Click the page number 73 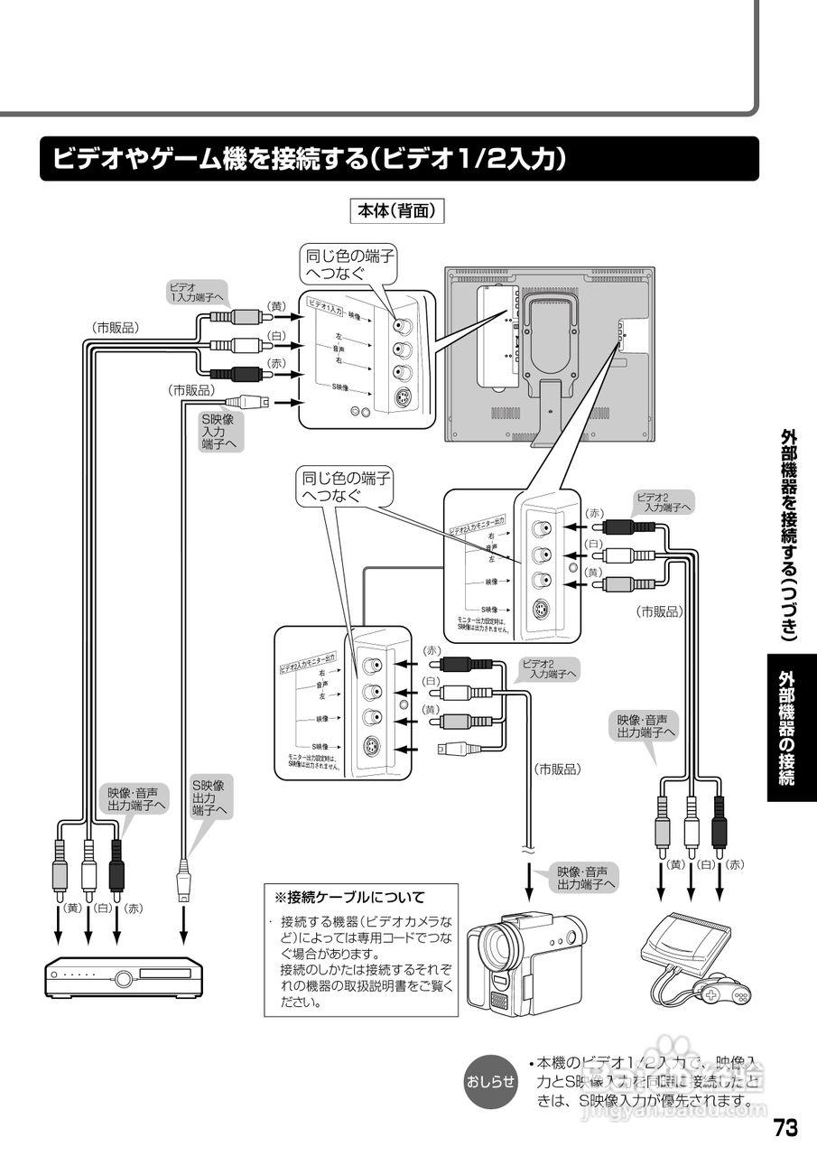click(x=785, y=1128)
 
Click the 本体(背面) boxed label click(x=397, y=210)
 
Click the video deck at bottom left click(x=125, y=975)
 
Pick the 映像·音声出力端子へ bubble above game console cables click(x=645, y=726)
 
